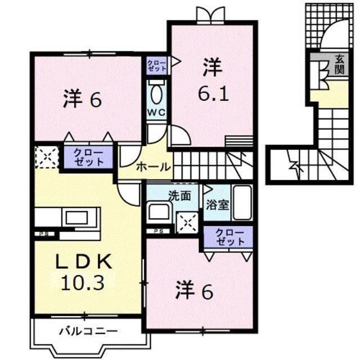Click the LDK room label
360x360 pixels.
pos(84,262)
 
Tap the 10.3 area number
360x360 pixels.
pos(83,283)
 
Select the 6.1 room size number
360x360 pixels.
pos(213,94)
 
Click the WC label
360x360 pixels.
pos(156,112)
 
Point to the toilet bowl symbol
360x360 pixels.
pos(156,94)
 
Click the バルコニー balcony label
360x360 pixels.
pos(89,331)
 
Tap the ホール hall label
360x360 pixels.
pos(153,167)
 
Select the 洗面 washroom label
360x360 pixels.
pos(179,196)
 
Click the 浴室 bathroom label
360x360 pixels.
pos(218,205)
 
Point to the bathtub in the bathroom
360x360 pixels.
pos(242,202)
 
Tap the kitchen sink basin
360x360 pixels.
pos(76,218)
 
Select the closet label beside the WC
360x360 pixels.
pos(156,65)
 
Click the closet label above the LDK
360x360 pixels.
pos(89,158)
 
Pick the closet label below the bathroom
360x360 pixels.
pos(229,237)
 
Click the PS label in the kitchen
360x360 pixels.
pos(44,234)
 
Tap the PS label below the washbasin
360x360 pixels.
pos(159,231)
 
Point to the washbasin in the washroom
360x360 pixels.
pos(159,211)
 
